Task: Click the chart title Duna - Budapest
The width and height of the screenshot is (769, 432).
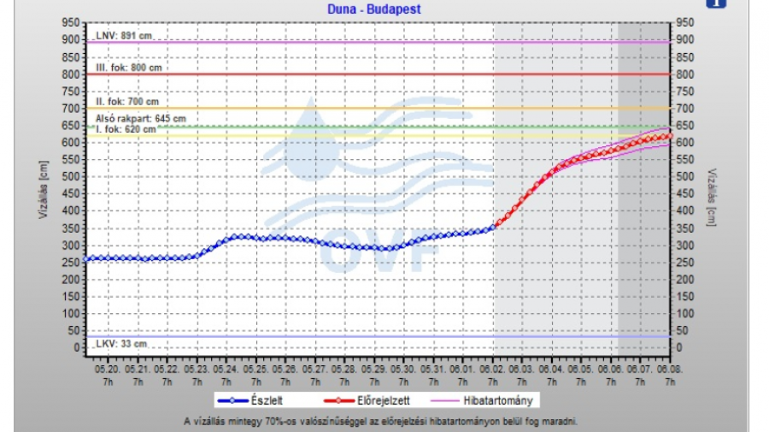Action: pyautogui.click(x=374, y=9)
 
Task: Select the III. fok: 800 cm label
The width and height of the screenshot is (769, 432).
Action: pyautogui.click(x=129, y=68)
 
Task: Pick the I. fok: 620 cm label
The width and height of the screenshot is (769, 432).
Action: pyautogui.click(x=126, y=129)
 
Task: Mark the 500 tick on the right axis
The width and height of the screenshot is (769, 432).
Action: pyautogui.click(x=684, y=177)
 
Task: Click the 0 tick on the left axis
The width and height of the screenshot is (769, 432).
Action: pyautogui.click(x=76, y=348)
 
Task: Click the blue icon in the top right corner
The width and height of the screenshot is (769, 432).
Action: pyautogui.click(x=715, y=3)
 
